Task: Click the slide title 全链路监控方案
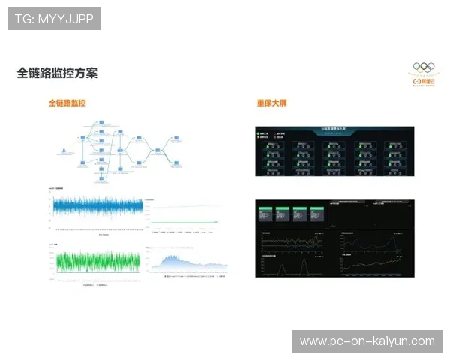pos(57,73)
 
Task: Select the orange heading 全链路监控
pos(67,102)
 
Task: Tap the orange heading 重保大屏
pos(271,102)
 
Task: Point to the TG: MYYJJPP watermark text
pos(54,19)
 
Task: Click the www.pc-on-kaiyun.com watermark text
pos(367,341)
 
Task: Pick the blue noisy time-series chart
pos(95,205)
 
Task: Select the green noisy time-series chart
pos(95,260)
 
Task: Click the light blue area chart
pos(187,261)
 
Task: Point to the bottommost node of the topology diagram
pos(100,181)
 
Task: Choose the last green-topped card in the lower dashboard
pos(318,212)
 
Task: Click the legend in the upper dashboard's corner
pos(270,136)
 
